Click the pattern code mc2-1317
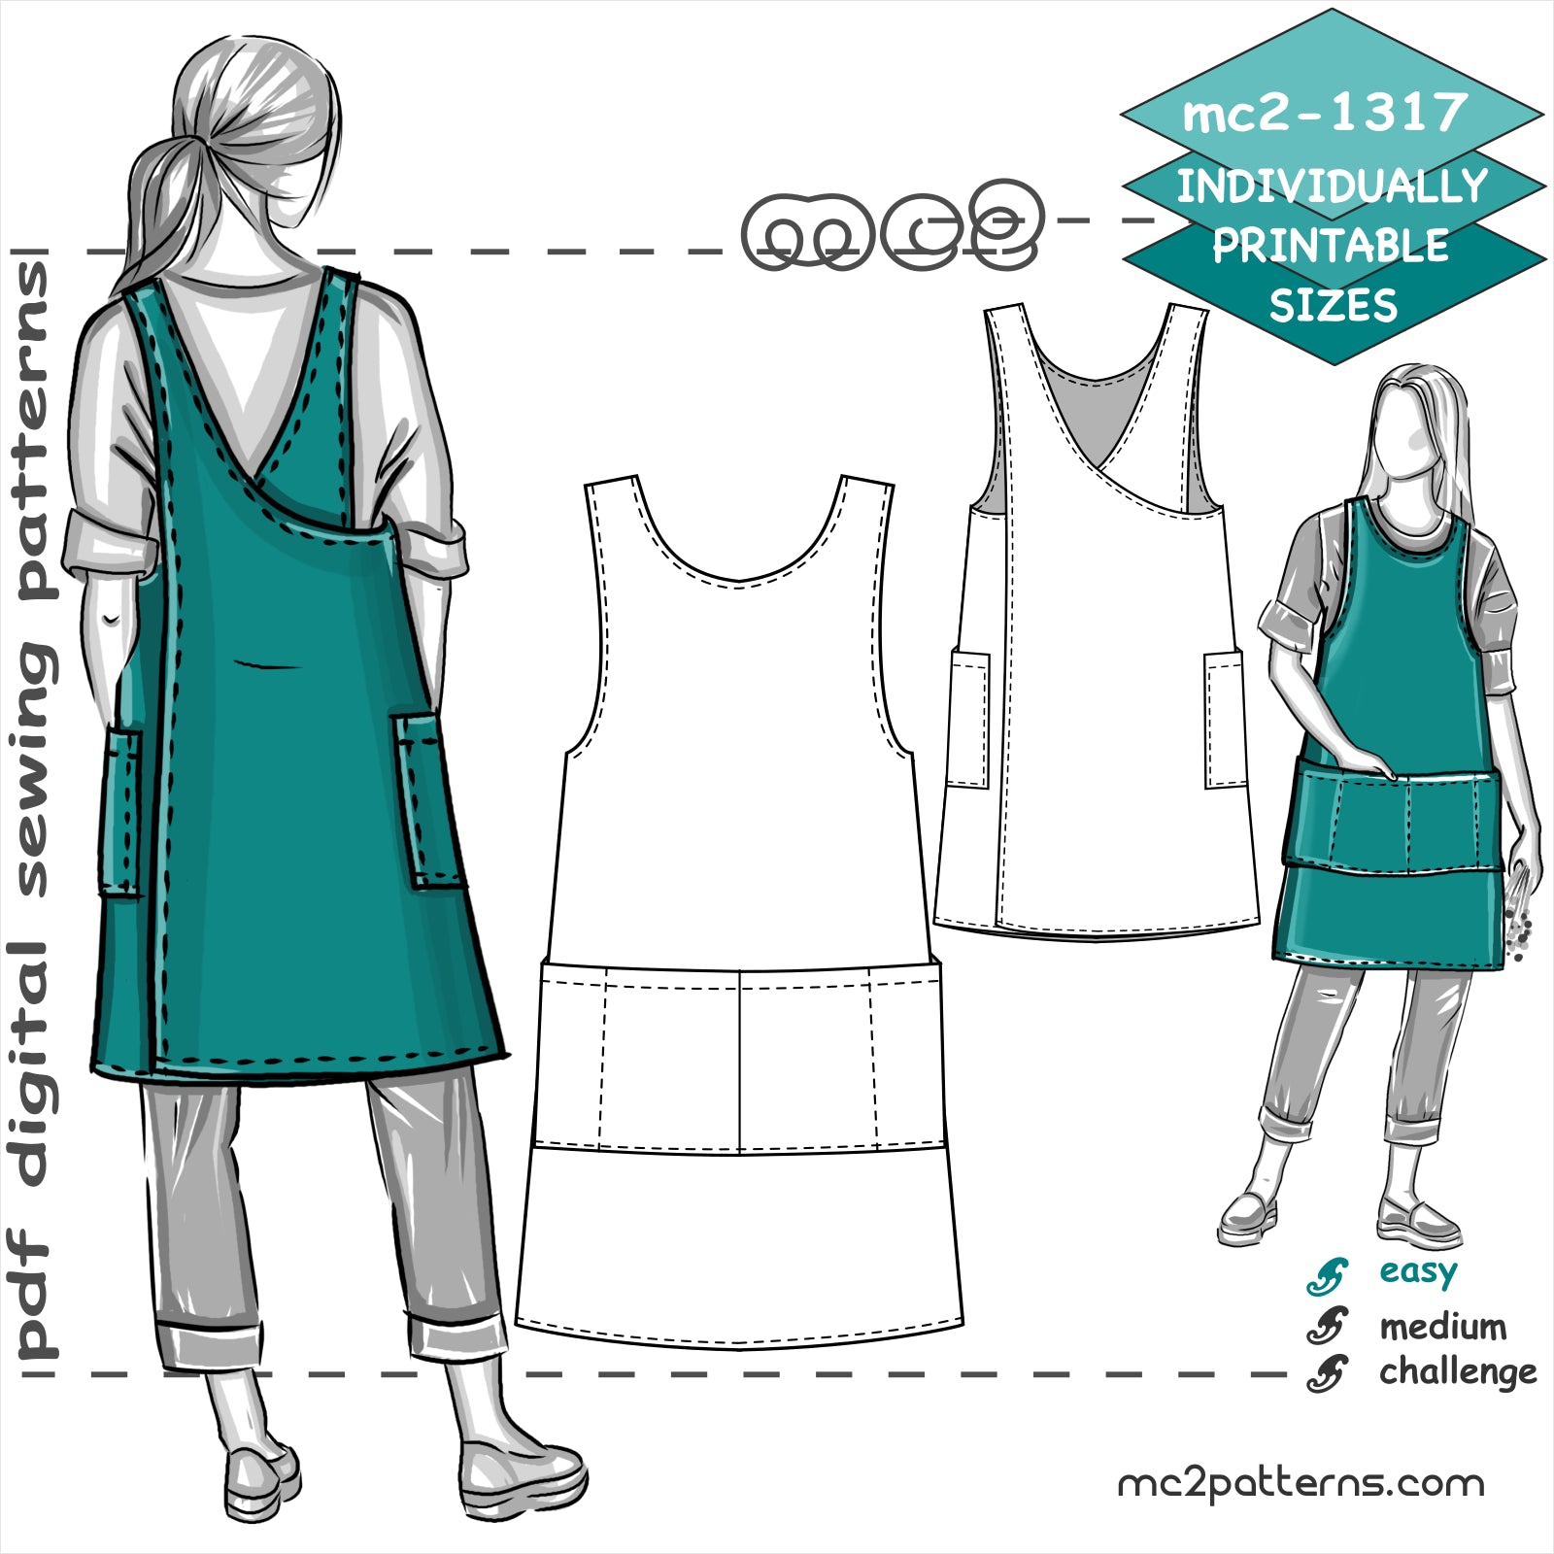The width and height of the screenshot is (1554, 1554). [1325, 114]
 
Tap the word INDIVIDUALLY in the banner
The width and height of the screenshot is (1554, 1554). [1332, 186]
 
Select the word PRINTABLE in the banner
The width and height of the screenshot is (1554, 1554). [1331, 246]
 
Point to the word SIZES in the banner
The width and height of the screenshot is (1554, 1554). [1333, 306]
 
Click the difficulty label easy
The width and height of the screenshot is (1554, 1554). [1418, 1272]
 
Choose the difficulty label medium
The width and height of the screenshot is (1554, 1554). [1442, 1326]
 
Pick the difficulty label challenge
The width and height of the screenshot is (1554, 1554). [1457, 1371]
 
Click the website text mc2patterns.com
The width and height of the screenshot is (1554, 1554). [1301, 1483]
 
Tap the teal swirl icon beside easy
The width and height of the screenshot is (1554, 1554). [1327, 1275]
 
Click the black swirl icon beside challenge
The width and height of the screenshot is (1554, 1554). [1327, 1372]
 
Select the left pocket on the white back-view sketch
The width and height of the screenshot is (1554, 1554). [968, 719]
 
